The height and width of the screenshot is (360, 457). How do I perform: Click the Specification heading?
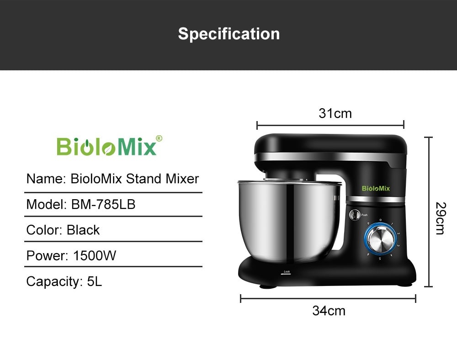point(228,34)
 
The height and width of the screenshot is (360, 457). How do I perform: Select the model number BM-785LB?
point(103,204)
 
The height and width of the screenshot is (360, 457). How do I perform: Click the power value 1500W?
point(95,255)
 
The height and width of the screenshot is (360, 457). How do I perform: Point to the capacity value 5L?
point(94,281)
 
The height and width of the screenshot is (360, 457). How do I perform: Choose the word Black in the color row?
point(83,230)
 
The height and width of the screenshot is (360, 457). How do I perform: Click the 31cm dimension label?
point(335,113)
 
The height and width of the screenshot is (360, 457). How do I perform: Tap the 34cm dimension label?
point(329,311)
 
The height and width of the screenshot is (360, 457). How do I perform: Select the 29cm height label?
point(439,218)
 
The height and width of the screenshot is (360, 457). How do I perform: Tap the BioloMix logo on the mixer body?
point(376,188)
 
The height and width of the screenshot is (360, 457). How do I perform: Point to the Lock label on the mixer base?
point(287,272)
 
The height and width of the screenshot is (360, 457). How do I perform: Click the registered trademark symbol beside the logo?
point(159,138)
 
